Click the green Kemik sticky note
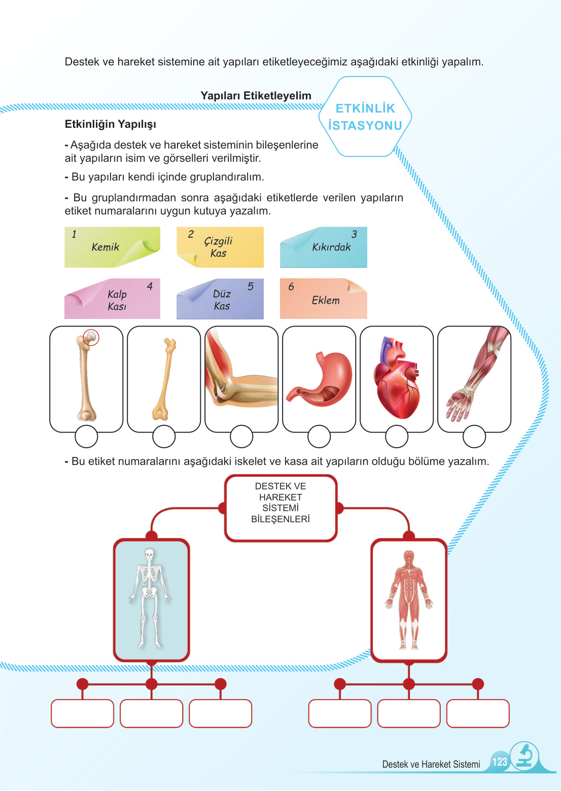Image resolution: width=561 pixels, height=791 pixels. click(112, 247)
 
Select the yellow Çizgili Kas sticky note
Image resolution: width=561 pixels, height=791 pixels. click(220, 247)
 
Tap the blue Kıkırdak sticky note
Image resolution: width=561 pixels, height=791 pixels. click(323, 247)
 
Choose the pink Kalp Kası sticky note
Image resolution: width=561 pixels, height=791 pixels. click(112, 299)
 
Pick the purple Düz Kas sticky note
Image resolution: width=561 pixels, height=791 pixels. click(220, 299)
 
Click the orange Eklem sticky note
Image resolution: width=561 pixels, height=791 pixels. click(323, 299)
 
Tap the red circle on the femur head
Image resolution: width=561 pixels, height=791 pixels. click(91, 337)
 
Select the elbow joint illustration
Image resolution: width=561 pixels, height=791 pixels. click(241, 378)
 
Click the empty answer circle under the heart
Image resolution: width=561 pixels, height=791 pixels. click(397, 437)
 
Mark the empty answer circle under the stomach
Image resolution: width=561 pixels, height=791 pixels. click(319, 437)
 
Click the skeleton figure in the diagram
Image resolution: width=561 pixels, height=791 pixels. click(150, 598)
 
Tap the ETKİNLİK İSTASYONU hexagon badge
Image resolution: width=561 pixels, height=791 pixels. click(365, 117)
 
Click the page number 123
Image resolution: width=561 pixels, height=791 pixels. click(500, 762)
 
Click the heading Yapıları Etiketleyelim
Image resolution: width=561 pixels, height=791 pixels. click(256, 96)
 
